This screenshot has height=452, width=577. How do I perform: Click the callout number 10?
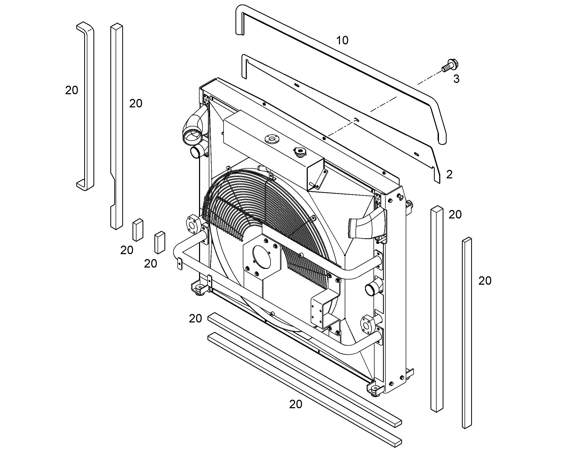click(342, 40)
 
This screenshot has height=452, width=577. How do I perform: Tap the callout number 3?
click(456, 79)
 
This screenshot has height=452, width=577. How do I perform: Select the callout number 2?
click(449, 175)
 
